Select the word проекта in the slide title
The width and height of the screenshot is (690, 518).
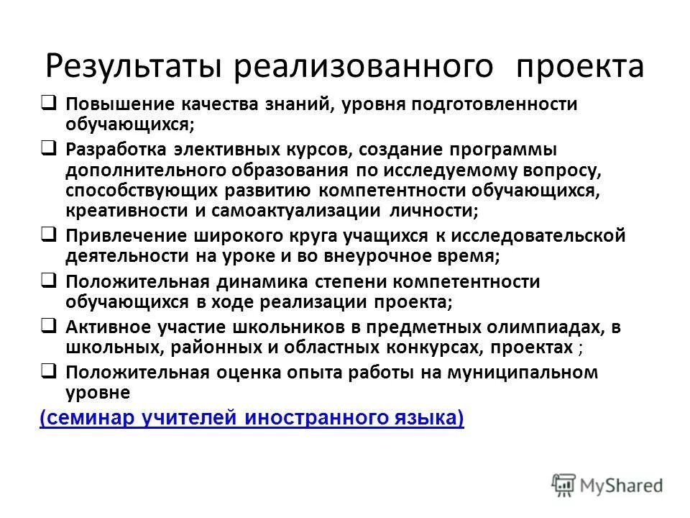click(x=579, y=67)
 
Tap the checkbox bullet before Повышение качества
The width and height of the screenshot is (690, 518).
click(x=48, y=102)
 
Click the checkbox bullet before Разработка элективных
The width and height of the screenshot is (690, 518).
click(x=48, y=150)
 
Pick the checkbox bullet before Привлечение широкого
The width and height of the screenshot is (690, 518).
click(x=48, y=235)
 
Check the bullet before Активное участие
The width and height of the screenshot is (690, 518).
click(x=48, y=325)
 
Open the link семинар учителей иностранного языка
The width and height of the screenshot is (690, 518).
click(x=252, y=419)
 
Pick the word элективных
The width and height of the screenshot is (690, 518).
click(x=224, y=150)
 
